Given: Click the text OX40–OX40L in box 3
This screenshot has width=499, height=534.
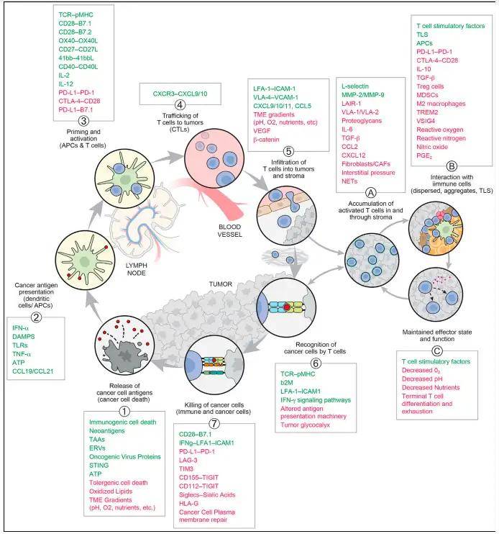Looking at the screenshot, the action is coord(78,40).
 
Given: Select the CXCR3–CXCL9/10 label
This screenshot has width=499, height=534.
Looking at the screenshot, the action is coord(180,94).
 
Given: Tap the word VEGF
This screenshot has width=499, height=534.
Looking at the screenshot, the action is coord(262,131).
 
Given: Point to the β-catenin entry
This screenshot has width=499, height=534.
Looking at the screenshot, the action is coord(266,140).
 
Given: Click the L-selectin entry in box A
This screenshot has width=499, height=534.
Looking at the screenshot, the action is coord(355,86).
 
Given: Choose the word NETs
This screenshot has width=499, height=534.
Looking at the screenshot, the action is coord(349,181).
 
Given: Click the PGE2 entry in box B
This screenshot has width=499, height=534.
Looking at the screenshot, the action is coord(424,156).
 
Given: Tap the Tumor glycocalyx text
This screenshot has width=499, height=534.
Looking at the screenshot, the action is coord(305,425).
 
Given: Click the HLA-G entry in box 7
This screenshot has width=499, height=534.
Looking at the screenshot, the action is coord(189,503).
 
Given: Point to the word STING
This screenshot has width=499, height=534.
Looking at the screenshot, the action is coord(99,465).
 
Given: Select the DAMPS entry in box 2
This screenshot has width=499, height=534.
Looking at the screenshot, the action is coord(24,337).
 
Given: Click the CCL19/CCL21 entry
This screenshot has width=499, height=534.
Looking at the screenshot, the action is coord(32,371).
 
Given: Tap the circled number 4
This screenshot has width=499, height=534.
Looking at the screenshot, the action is coord(180,104).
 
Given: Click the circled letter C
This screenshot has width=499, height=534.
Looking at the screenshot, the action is coord(436,350).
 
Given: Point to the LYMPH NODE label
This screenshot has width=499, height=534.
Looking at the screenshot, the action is coord(136,269).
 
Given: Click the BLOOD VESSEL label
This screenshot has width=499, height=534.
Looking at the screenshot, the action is coord(229,230).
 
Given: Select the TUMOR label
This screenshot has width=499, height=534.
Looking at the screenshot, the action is coord(221,284).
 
